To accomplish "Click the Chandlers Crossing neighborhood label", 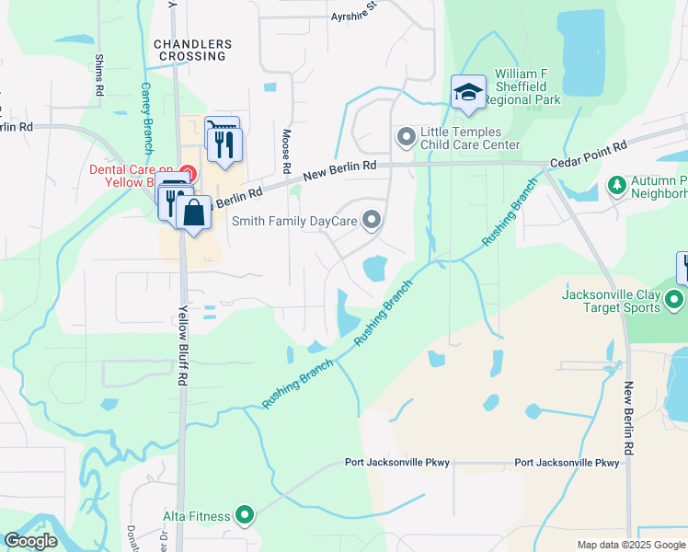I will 189,50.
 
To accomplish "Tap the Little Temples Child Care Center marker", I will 406,137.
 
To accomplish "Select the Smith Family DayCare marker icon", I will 372,220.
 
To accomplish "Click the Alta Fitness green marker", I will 245,516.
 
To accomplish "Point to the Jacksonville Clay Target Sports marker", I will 675,300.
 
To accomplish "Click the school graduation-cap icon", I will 468,92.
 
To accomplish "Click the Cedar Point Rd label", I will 588,154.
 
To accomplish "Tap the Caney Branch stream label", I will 147,118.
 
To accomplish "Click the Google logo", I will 30,541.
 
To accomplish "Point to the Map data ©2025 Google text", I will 631,545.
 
